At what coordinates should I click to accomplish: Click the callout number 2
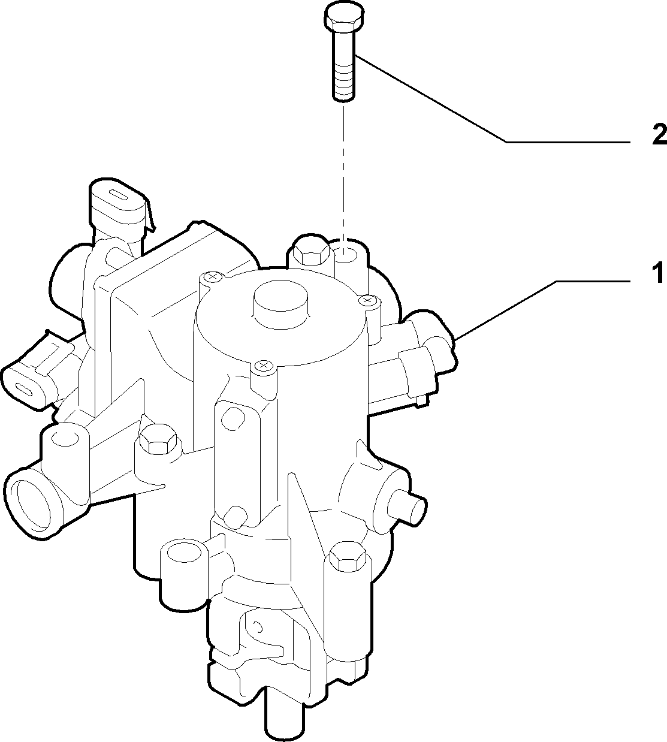tap(659, 135)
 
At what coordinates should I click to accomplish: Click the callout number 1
tap(657, 273)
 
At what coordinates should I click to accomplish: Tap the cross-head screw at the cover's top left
tap(212, 276)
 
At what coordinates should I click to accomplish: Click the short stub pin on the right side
tap(408, 505)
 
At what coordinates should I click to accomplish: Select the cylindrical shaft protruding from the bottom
tap(285, 714)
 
